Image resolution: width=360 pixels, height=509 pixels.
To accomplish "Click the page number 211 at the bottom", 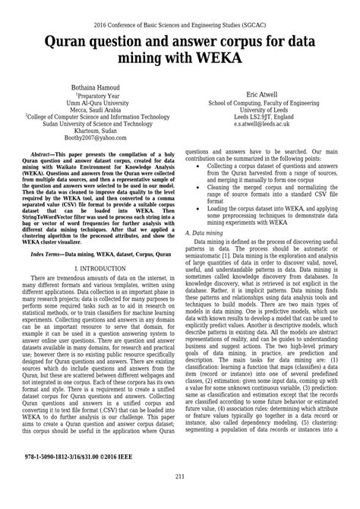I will coord(180,498).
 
